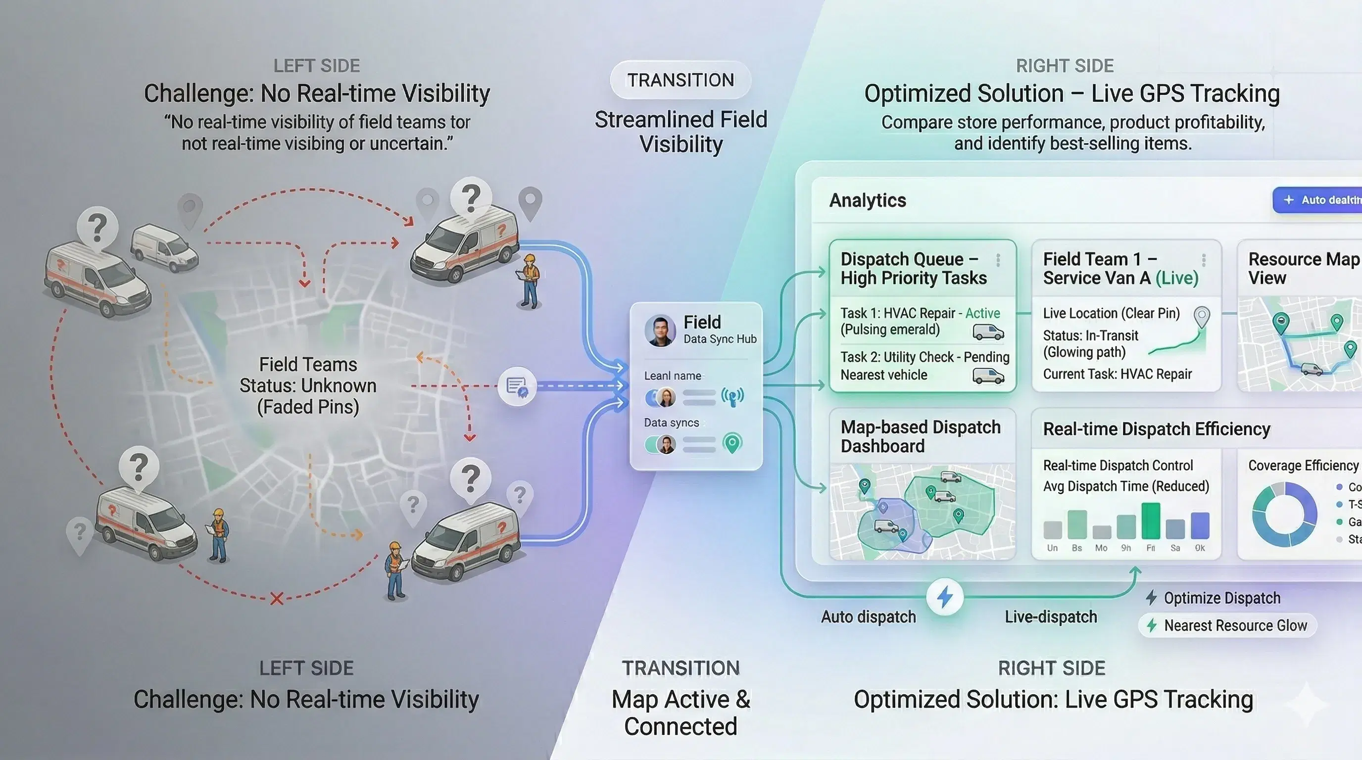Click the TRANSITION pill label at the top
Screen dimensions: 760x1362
[681, 80]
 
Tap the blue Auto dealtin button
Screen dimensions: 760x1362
[1319, 200]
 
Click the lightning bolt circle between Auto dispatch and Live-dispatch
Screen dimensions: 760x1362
[945, 597]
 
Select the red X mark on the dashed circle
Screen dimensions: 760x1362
[277, 599]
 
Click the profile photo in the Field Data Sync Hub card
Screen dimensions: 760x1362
[660, 331]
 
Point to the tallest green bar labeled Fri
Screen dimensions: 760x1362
[1151, 521]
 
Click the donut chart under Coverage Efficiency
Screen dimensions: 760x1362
[1284, 514]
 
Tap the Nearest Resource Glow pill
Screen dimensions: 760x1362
[1227, 626]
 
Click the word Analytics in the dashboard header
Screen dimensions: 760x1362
[868, 200]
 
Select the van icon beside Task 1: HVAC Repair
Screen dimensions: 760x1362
[988, 332]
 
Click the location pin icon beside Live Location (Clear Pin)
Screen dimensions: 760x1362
[1202, 317]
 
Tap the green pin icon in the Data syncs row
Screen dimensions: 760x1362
[732, 443]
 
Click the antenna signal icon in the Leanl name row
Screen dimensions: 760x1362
[732, 396]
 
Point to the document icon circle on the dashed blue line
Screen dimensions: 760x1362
[517, 386]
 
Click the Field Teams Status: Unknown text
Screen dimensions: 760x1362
[308, 386]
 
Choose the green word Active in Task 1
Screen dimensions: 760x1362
[982, 313]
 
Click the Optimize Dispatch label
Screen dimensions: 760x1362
[1221, 598]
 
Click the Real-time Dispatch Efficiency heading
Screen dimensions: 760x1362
[1156, 428]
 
